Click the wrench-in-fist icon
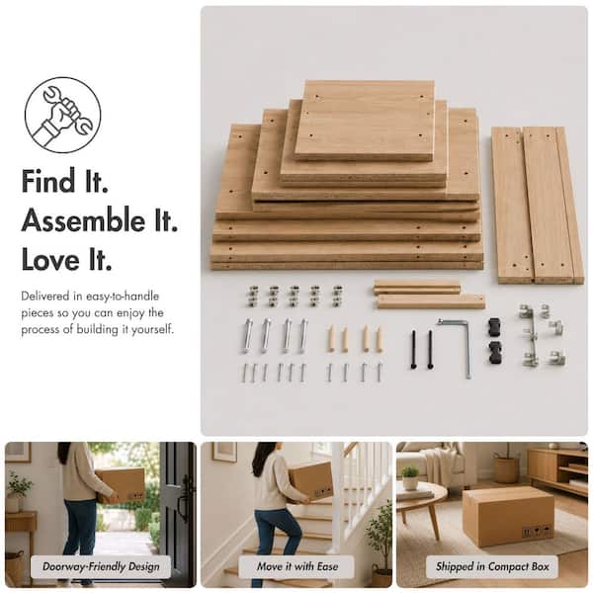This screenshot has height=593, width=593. tap(63, 115)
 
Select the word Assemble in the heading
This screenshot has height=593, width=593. tap(83, 220)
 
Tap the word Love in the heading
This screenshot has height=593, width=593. tap(51, 259)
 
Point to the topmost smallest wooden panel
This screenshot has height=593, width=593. tap(365, 120)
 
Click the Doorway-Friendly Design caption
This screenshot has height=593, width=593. tap(101, 566)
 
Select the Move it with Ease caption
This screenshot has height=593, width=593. tap(296, 566)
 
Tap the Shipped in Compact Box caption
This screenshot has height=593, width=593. tap(492, 566)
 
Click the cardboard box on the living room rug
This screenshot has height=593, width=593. tap(508, 516)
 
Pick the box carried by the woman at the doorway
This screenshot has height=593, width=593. tap(121, 485)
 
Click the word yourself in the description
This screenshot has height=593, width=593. tap(153, 329)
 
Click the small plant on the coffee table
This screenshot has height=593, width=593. tap(409, 477)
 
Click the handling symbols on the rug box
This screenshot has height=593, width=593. tap(537, 532)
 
